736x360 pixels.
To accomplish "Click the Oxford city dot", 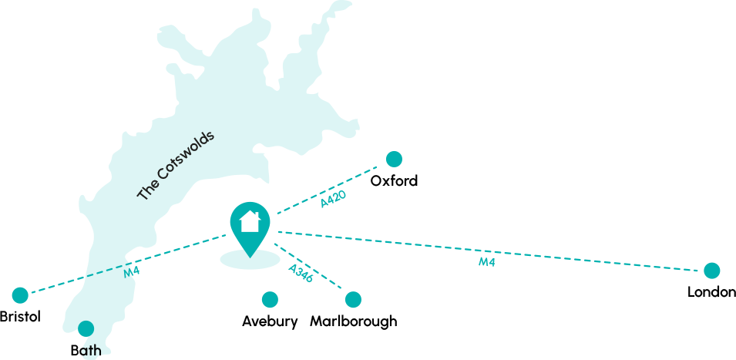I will pos(394,160).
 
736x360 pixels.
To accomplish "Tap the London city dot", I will pos(711,271).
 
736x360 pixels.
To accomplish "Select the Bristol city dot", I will pos(20,295).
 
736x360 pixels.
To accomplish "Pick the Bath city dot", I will pos(86,329).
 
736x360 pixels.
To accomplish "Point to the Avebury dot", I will pos(270,300).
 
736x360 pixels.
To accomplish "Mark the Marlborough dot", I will pos(353,300).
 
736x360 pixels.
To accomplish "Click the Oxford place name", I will pos(394,181).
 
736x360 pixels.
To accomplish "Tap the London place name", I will pos(711,292).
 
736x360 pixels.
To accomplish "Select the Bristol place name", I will pos(20,317).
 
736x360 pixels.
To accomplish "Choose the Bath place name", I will pos(86,351).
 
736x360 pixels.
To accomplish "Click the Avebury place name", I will pos(270,321).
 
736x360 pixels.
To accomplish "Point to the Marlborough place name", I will pos(353,321).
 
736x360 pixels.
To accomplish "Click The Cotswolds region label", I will pos(176,166).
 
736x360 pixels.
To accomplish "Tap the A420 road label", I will pos(333,199).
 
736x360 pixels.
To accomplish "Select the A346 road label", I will pos(301,273).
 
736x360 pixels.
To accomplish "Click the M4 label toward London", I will pos(486,262).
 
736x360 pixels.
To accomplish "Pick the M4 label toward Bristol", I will pos(132,271).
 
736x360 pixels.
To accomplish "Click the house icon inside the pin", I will pos(250,222).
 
